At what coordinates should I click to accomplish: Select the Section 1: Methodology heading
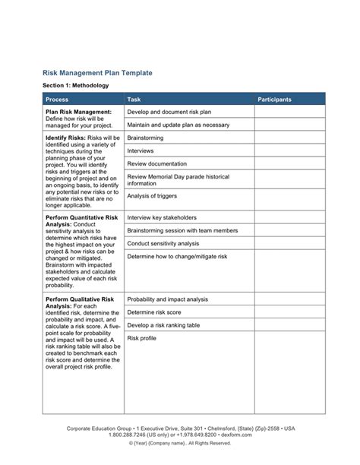pos(75,86)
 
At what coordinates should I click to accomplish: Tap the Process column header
pos(57,100)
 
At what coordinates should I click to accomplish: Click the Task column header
pos(134,100)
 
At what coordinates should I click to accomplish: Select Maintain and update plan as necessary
pos(178,125)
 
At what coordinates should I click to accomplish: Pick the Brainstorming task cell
pos(147,138)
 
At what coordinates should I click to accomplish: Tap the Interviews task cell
pos(141,151)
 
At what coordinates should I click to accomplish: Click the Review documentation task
pos(156,164)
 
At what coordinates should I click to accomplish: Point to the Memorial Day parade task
pos(178,180)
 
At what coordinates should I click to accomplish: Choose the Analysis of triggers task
pos(153,196)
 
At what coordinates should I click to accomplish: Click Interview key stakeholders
pos(162,217)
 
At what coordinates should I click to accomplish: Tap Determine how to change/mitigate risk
pos(177,257)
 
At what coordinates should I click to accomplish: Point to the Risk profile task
pos(142,338)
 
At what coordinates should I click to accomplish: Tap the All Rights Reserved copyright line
pos(179,443)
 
